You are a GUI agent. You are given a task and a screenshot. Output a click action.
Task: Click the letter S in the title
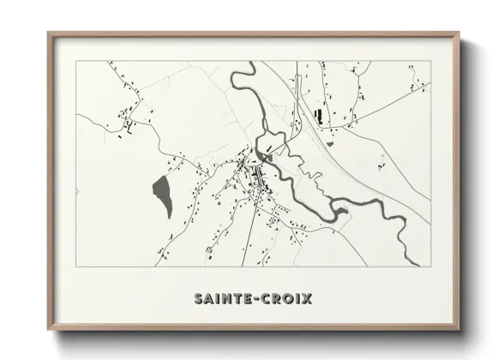(x=197, y=299)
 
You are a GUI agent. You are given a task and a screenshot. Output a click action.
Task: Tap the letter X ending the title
(x=306, y=299)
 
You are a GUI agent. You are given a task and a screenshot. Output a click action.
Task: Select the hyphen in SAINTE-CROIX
(x=255, y=299)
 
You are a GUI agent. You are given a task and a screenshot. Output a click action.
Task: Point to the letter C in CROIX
(x=266, y=299)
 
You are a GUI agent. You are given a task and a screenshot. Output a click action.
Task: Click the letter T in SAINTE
(x=236, y=299)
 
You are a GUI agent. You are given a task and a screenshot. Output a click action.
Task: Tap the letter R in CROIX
(x=276, y=299)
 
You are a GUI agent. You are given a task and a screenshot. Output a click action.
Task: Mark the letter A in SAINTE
(x=207, y=299)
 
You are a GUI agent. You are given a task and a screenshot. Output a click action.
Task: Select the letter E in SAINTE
(x=246, y=299)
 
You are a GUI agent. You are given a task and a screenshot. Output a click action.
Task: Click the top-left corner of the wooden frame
(x=48, y=33)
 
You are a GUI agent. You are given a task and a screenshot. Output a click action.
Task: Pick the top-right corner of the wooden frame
(x=460, y=33)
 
